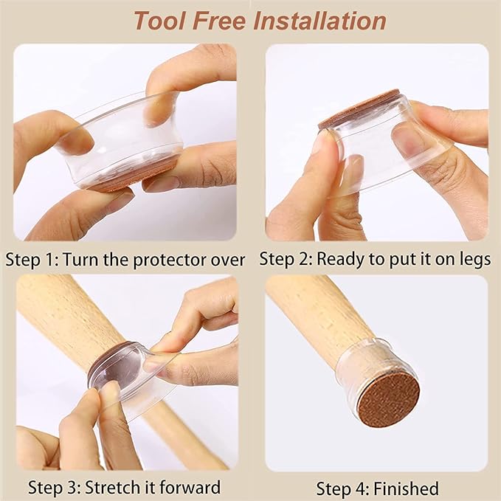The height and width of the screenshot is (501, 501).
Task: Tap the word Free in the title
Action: pyautogui.click(x=219, y=21)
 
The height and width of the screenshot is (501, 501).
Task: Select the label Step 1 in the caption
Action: pyautogui.click(x=32, y=260)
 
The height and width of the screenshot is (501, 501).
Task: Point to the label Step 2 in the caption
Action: pyautogui.click(x=286, y=259)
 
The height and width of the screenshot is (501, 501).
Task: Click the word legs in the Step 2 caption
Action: pyautogui.click(x=474, y=260)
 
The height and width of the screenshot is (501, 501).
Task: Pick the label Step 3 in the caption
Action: pyautogui.click(x=55, y=488)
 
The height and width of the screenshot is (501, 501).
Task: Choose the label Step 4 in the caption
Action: pyautogui.click(x=343, y=489)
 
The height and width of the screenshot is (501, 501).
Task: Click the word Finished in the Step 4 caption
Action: pyautogui.click(x=406, y=489)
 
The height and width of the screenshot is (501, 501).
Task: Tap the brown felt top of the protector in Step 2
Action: pyautogui.click(x=358, y=108)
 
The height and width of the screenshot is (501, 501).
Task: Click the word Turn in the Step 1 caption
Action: pyautogui.click(x=80, y=260)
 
